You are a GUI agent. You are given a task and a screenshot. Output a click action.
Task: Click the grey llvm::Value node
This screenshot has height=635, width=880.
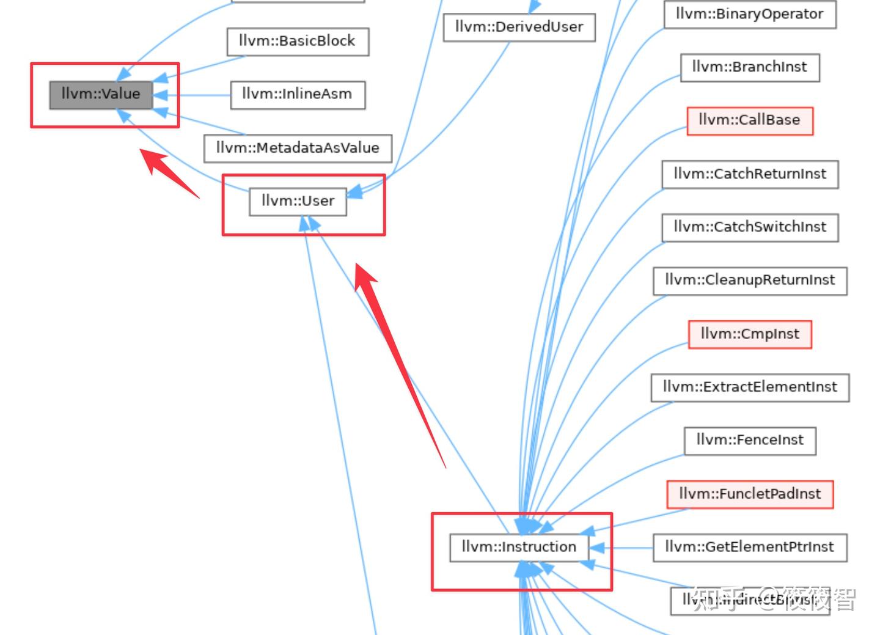pos(101,95)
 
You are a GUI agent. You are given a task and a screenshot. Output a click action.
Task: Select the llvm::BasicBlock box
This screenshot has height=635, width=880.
pos(298,42)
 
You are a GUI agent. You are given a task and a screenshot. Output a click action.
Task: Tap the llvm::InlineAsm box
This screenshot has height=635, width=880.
pos(298,95)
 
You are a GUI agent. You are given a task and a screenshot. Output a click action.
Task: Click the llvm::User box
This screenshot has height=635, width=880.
pos(298,202)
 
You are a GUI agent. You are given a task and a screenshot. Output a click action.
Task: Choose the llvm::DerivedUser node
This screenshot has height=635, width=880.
pos(519,28)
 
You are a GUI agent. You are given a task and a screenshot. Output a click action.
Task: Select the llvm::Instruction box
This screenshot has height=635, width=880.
pos(519,548)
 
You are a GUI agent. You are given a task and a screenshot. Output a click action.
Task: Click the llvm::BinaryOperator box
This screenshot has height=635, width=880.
pos(750,15)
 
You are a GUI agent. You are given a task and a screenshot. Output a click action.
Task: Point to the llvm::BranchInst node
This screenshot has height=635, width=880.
pos(750,67)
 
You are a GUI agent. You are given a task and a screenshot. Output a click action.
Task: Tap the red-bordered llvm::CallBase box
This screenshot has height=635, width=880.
pos(750,120)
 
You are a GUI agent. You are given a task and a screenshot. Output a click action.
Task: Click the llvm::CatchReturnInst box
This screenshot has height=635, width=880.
pos(750,174)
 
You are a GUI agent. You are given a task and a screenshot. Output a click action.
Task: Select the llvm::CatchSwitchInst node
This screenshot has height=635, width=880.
pos(750,227)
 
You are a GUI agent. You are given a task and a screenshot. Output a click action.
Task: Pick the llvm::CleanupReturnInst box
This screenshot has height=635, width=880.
pos(750,281)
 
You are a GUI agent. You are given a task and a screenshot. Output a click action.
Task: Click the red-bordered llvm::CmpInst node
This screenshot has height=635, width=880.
pos(750,334)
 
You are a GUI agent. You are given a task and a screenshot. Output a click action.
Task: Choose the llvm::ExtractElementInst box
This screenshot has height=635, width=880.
pos(750,387)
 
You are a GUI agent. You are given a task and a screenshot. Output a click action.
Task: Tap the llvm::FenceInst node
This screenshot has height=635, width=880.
pos(750,441)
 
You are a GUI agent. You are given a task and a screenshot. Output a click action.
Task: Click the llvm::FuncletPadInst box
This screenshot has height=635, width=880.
pos(750,494)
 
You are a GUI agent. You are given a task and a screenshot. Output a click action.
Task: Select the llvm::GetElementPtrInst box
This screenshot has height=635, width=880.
pos(750,548)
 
